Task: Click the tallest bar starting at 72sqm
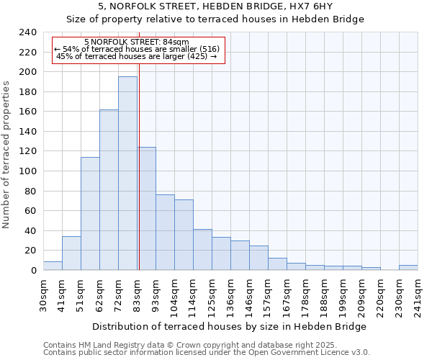tap(127, 173)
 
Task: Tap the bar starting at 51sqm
tap(90, 213)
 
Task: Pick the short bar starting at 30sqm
tap(53, 266)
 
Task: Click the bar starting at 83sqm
tap(147, 209)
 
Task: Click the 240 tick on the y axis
tap(28, 32)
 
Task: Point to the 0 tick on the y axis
tap(33, 270)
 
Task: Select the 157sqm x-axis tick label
tap(269, 296)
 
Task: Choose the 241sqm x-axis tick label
tap(418, 296)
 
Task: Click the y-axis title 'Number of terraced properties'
tap(6, 154)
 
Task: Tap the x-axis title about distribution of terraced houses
tap(230, 326)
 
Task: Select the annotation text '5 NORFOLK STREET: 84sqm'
tap(136, 42)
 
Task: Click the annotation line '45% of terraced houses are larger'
tap(136, 56)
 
